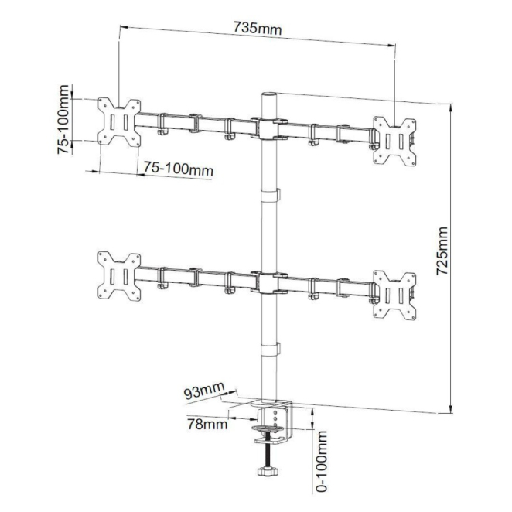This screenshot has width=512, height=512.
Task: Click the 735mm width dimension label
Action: (x=257, y=29)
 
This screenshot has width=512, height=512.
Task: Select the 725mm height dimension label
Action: (x=442, y=251)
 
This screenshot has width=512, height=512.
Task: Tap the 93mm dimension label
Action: (x=204, y=390)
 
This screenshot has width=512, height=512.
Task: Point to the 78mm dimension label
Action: (x=207, y=424)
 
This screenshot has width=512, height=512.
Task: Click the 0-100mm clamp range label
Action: (x=322, y=462)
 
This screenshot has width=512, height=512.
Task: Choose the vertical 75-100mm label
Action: (x=63, y=119)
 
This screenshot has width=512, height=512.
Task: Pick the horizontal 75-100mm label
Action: (x=179, y=169)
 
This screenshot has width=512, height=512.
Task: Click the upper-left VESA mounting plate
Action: (x=119, y=122)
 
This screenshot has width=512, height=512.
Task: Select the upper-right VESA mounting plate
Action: (x=394, y=141)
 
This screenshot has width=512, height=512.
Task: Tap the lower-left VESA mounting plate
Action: (x=119, y=276)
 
